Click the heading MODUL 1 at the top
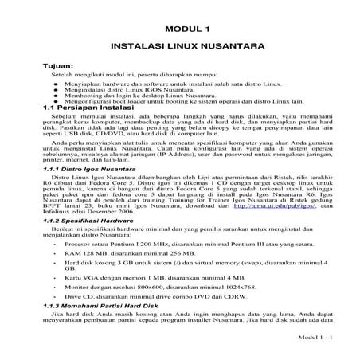click(180, 29)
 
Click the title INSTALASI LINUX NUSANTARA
click(180, 48)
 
